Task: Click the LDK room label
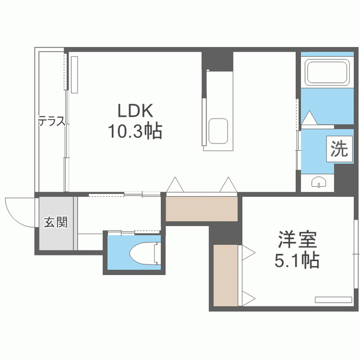(135, 111)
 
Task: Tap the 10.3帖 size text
(135, 131)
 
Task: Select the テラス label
(52, 121)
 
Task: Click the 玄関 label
(56, 222)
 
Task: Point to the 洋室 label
(298, 240)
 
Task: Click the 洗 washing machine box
(340, 149)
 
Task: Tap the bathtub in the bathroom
(327, 72)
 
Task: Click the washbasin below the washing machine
(319, 182)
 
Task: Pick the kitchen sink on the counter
(218, 131)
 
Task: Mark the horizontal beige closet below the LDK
(201, 209)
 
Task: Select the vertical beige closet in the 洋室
(226, 275)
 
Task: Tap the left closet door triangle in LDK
(175, 184)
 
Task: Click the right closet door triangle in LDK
(228, 184)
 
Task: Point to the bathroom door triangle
(309, 118)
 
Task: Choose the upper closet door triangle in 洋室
(249, 253)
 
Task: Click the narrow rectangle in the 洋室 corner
(334, 300)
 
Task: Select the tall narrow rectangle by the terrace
(74, 75)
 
